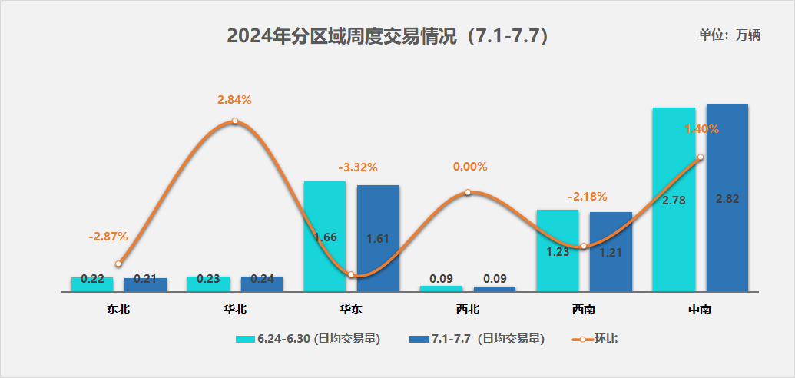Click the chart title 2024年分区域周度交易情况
(388, 36)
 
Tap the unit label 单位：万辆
(729, 35)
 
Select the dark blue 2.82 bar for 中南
(727, 197)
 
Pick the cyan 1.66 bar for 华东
(325, 236)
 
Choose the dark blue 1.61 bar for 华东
(378, 237)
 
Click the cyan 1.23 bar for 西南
(557, 250)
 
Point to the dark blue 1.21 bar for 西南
(611, 251)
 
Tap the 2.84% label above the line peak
(234, 100)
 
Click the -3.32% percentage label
(358, 167)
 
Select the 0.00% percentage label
(470, 167)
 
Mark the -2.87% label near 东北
(108, 237)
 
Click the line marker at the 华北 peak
(234, 121)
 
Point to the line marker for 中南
(700, 157)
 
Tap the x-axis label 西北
(467, 310)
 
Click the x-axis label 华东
(351, 310)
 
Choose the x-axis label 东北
(119, 310)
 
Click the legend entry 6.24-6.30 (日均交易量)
(308, 339)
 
